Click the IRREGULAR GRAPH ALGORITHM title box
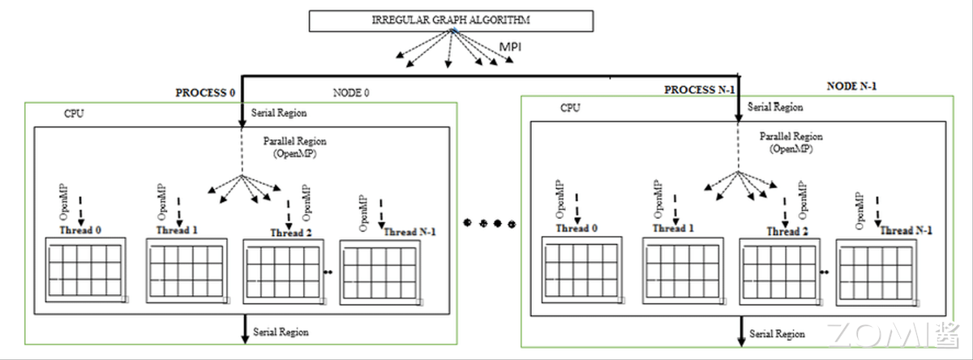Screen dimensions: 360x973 click(x=451, y=21)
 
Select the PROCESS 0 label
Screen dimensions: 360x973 click(x=205, y=92)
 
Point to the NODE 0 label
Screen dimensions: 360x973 click(x=351, y=92)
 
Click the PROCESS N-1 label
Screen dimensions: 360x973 click(x=700, y=89)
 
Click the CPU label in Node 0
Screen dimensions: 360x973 click(x=74, y=114)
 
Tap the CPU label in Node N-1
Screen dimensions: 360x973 click(x=571, y=108)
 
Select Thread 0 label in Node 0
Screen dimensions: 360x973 click(x=80, y=229)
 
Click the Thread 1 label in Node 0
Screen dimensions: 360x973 click(x=177, y=229)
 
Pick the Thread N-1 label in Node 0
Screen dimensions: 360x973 click(x=409, y=232)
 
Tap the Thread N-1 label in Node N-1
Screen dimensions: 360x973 click(x=907, y=230)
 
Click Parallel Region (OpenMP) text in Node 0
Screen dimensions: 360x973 click(x=295, y=146)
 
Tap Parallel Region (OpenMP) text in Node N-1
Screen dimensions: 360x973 click(x=791, y=142)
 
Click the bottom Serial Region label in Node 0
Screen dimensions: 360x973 click(x=281, y=332)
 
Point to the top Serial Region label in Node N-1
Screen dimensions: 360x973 click(x=775, y=107)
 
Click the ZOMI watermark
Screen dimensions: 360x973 click(x=892, y=332)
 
